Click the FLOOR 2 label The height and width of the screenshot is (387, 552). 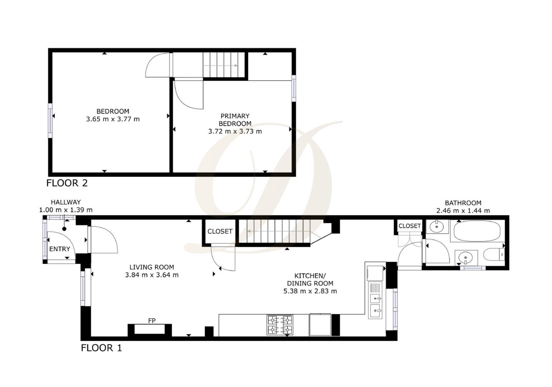point(67,183)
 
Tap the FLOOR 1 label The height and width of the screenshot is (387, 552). point(101,348)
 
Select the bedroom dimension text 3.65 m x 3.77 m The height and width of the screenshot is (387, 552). point(113,119)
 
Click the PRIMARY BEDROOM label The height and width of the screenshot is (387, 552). point(235,120)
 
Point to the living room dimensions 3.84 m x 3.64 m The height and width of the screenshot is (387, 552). point(152,275)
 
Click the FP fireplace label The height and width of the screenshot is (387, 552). point(152,320)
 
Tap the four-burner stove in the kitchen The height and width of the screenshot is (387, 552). point(280,325)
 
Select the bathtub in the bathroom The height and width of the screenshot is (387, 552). point(477,231)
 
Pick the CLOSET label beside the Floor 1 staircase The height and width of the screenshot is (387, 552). point(220,231)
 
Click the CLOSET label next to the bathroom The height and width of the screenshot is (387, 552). point(410,226)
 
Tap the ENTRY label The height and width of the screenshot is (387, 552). point(59,249)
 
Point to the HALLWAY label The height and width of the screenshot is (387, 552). point(65,202)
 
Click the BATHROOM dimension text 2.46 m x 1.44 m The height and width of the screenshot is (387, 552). point(463,211)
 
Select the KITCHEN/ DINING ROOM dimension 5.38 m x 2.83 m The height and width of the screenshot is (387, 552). point(310,291)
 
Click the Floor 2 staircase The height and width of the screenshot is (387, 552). point(224,65)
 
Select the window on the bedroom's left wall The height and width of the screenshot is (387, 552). point(50,120)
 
